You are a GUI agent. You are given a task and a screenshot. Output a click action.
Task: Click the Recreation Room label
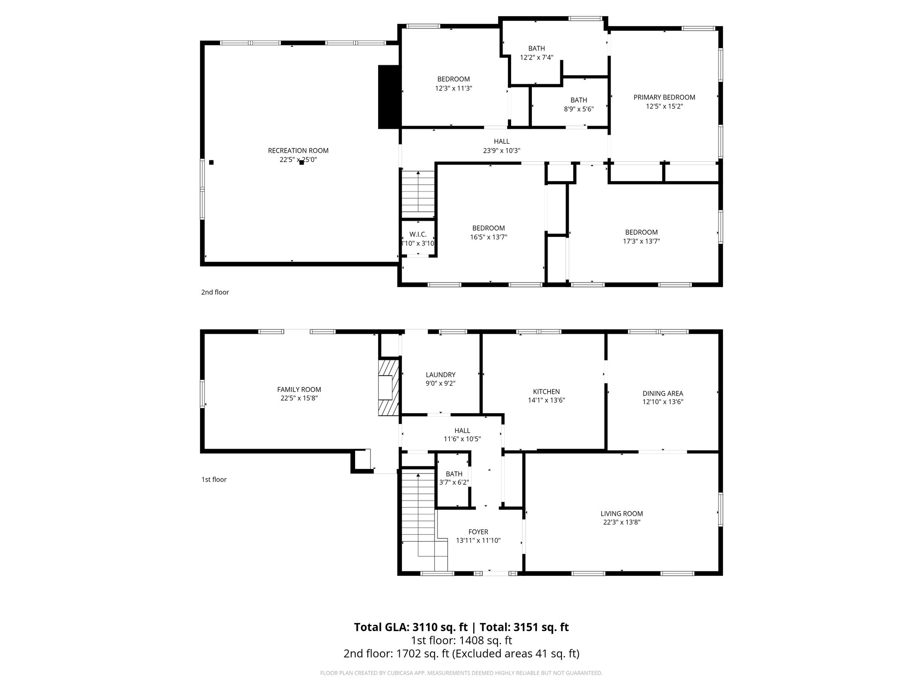(298, 150)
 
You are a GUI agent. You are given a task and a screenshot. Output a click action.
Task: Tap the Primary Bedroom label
(664, 97)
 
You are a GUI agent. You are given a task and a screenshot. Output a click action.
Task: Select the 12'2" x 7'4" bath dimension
(536, 58)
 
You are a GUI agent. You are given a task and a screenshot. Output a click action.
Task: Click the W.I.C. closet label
(418, 234)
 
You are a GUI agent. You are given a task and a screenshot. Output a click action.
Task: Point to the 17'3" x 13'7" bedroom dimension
(641, 241)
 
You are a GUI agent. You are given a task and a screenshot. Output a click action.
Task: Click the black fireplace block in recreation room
(388, 97)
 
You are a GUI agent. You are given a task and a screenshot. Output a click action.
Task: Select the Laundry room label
(440, 375)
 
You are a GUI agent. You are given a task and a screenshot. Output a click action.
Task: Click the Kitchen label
(546, 392)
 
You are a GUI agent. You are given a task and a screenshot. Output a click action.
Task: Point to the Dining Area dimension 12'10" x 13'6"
(663, 402)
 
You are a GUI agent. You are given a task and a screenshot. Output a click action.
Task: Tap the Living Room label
(621, 514)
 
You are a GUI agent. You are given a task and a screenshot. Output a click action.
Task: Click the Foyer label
(478, 532)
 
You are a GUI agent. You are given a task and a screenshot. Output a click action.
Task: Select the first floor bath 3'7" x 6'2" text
(454, 482)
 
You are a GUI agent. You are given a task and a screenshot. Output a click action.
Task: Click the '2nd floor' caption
(215, 292)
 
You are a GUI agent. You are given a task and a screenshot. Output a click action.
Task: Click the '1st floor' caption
(214, 479)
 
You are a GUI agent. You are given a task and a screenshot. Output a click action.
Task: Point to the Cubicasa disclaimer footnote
(461, 673)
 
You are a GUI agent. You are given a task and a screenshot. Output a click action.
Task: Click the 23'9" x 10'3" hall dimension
(502, 151)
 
